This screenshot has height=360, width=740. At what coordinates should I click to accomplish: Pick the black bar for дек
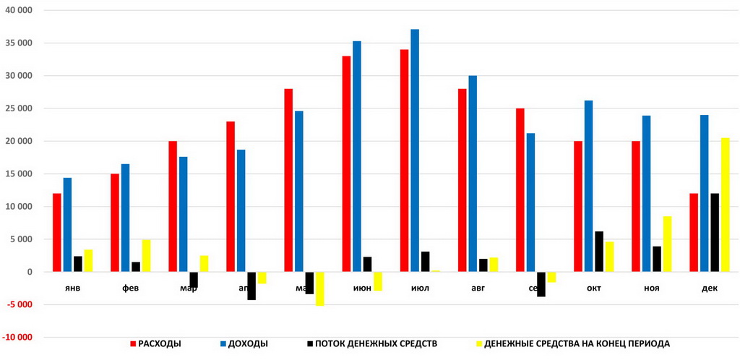[714, 232]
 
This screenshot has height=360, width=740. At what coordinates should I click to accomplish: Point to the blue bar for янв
[67, 225]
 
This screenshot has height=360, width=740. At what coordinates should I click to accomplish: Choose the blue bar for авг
[473, 173]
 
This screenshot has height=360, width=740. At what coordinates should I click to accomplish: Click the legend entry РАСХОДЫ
[155, 343]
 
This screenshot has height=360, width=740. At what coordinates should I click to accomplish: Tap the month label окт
[594, 288]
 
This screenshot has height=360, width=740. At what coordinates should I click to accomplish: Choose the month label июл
[420, 288]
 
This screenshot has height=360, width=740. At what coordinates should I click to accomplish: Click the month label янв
[72, 288]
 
